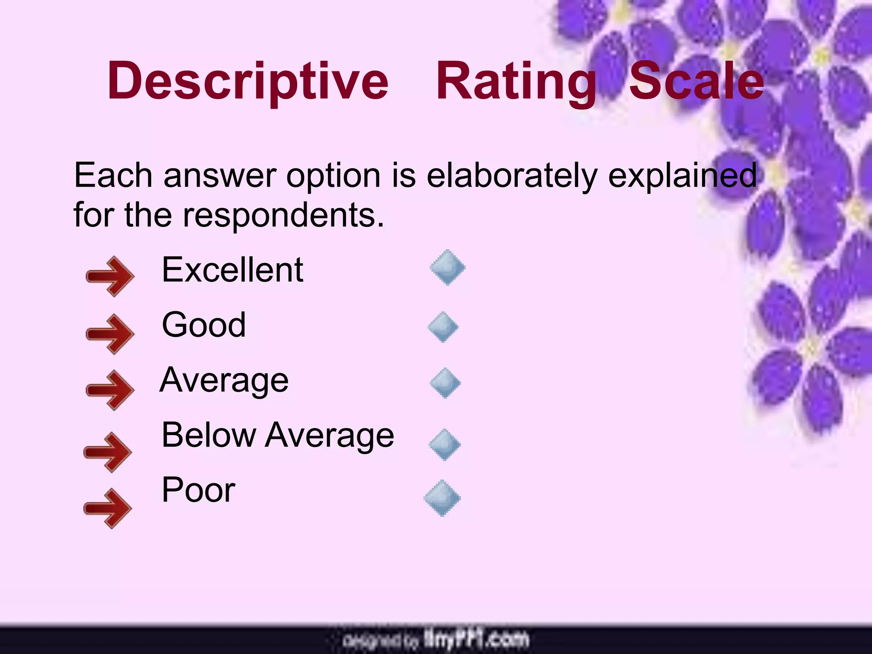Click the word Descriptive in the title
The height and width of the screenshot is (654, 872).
[x=248, y=81]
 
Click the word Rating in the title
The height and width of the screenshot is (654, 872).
[x=516, y=81]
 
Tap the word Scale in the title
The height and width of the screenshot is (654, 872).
[x=697, y=81]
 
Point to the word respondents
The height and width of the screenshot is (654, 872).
[x=283, y=215]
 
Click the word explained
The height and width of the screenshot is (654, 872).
[x=683, y=175]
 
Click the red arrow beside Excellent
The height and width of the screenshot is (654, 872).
[x=110, y=276]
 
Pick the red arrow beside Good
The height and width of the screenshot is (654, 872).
[x=110, y=334]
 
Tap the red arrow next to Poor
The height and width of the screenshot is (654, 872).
[x=107, y=508]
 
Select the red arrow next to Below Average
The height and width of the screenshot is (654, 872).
[x=107, y=452]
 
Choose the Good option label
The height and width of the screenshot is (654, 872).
[x=204, y=324]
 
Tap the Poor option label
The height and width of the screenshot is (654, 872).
[x=198, y=490]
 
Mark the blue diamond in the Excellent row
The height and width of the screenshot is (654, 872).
[x=447, y=268]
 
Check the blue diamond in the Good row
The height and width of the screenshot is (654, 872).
[x=443, y=327]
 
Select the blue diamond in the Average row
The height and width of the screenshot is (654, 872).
[x=445, y=383]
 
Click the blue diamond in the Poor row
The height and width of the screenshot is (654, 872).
[x=442, y=498]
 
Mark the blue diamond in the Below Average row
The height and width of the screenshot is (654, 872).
[x=445, y=445]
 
